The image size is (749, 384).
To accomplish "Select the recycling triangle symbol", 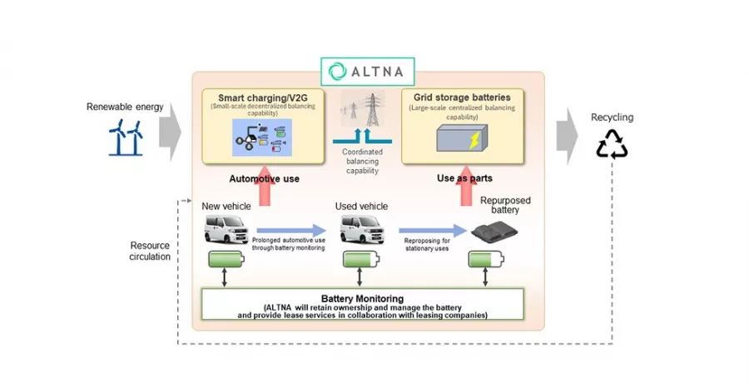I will click(612, 143).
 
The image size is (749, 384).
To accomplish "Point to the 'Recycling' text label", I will click(612, 117).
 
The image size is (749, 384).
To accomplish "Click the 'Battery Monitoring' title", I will click(362, 297).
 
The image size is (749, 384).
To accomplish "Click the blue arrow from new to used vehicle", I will click(291, 229).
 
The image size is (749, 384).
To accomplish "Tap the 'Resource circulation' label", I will click(151, 251).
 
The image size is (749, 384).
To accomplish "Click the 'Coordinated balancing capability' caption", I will click(361, 161).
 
